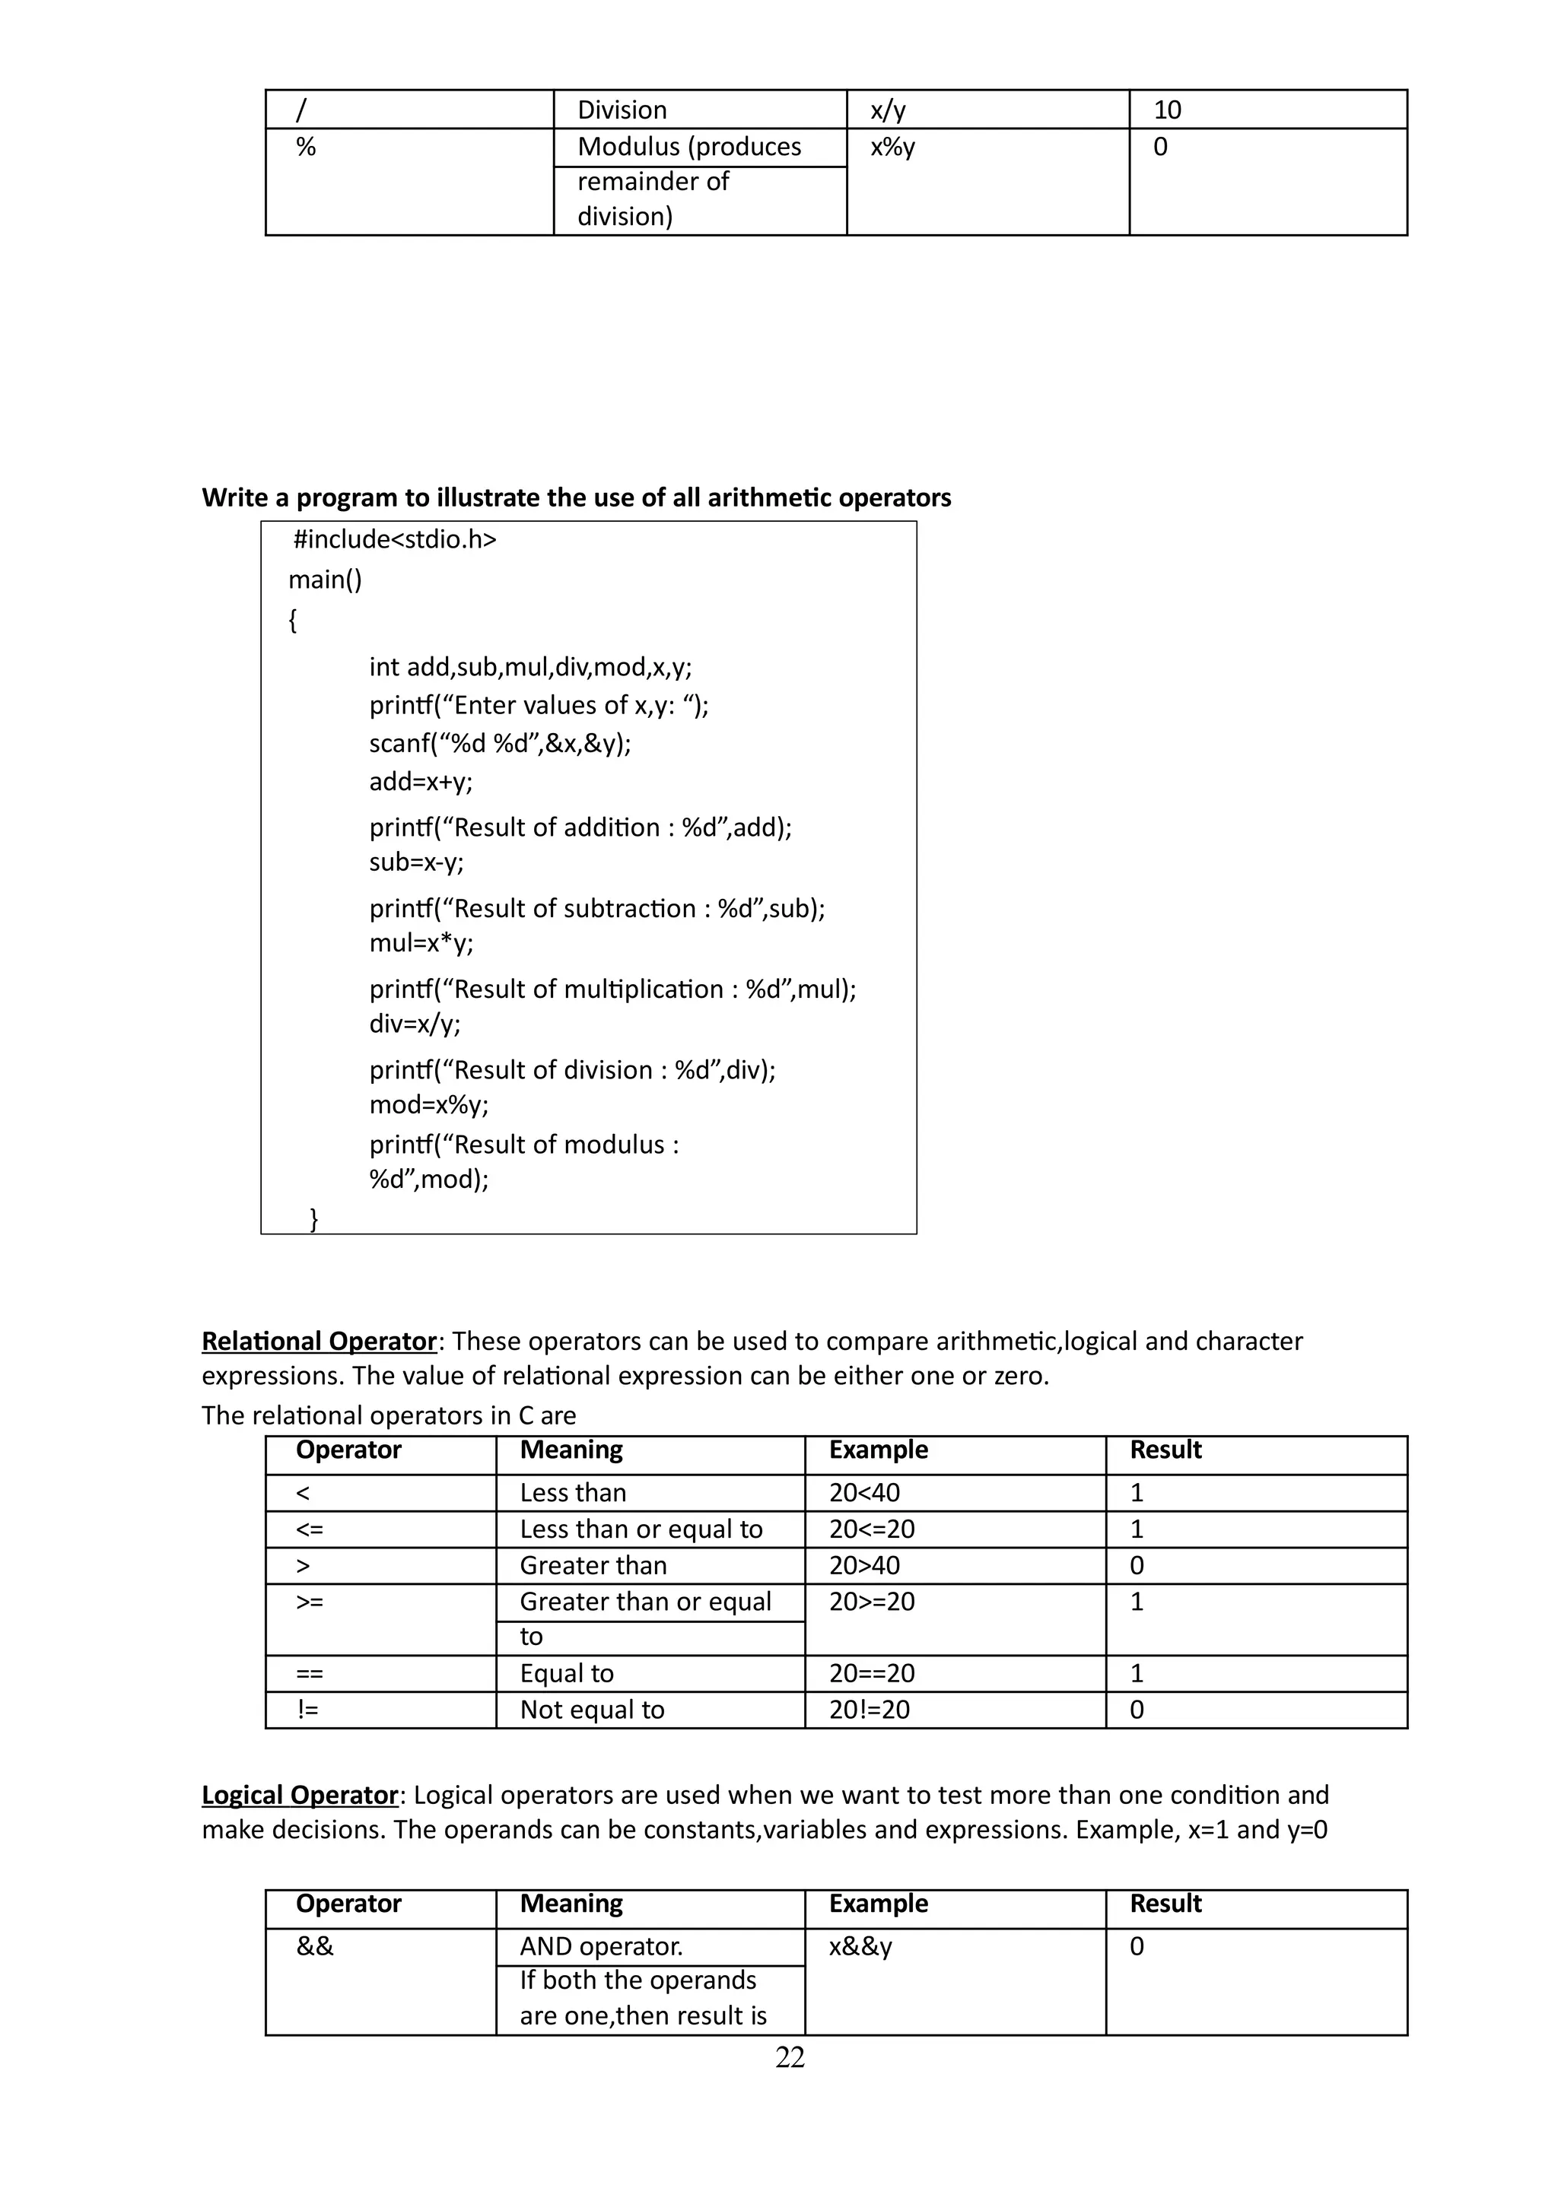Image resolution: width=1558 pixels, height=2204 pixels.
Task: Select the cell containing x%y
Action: click(x=893, y=147)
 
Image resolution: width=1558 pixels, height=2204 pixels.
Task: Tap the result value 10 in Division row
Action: click(x=1167, y=110)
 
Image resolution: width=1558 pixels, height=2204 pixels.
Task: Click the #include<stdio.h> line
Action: click(x=395, y=539)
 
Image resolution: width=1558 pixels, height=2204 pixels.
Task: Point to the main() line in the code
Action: click(x=326, y=580)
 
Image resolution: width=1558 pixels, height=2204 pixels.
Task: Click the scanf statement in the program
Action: click(x=500, y=744)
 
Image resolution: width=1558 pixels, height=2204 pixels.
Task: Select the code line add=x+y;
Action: click(x=421, y=781)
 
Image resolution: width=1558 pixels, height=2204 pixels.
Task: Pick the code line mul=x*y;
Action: click(x=421, y=942)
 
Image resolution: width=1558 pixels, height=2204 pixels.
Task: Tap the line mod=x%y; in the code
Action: click(x=429, y=1105)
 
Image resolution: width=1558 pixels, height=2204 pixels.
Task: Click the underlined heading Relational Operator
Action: click(x=319, y=1341)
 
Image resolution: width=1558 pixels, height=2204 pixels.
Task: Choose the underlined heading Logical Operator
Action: click(x=300, y=1795)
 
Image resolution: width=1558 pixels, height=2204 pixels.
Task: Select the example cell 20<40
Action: click(x=865, y=1493)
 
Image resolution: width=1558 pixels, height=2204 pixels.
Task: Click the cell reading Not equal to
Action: click(x=593, y=1710)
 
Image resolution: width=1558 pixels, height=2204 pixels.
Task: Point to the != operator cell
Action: click(x=308, y=1710)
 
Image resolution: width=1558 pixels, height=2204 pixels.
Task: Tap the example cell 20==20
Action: click(x=872, y=1673)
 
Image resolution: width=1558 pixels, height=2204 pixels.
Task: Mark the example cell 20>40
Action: click(x=865, y=1566)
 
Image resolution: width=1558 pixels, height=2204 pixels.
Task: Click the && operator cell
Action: click(x=315, y=1947)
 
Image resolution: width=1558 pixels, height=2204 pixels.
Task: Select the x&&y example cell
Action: click(x=861, y=1947)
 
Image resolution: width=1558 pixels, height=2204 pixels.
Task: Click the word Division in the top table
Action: click(x=622, y=110)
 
